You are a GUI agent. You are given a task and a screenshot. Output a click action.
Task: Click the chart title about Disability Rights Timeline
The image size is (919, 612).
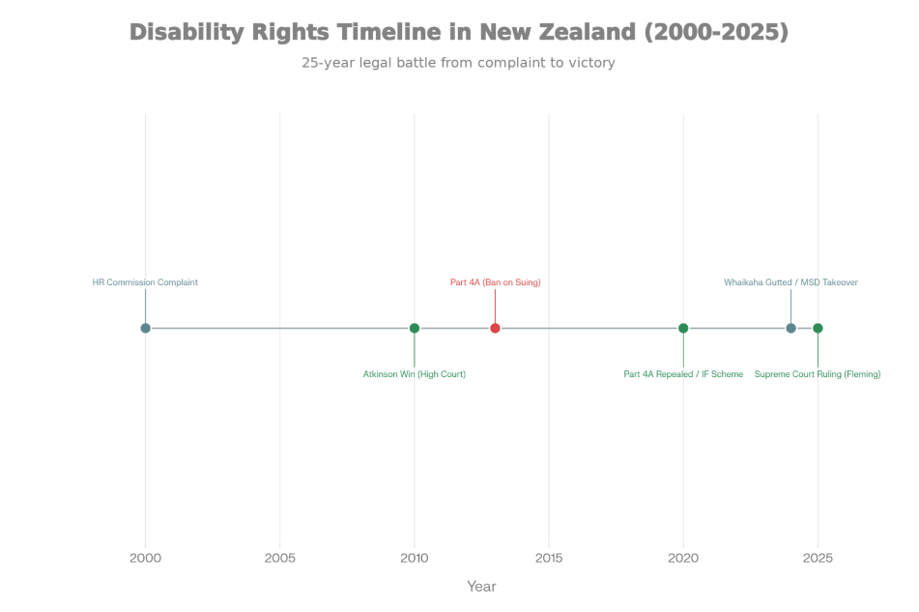pyautogui.click(x=459, y=32)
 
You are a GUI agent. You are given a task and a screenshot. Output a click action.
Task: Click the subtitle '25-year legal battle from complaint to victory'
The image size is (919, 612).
pyautogui.click(x=458, y=63)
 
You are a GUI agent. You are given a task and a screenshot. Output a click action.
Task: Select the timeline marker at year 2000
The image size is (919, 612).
pyautogui.click(x=146, y=328)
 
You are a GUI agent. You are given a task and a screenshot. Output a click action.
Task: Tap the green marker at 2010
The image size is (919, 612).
pyautogui.click(x=415, y=328)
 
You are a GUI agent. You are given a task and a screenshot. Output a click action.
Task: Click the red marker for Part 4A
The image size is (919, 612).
pyautogui.click(x=495, y=328)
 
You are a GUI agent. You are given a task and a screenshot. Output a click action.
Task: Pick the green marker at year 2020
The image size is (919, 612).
pyautogui.click(x=683, y=328)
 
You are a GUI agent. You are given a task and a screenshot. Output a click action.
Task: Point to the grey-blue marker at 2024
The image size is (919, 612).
pyautogui.click(x=790, y=328)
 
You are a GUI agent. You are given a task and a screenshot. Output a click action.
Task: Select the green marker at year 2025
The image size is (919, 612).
pyautogui.click(x=818, y=328)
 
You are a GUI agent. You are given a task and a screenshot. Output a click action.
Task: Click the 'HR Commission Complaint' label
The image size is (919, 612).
pyautogui.click(x=145, y=282)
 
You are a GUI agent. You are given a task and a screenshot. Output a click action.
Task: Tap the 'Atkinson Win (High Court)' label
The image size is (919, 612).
pyautogui.click(x=415, y=374)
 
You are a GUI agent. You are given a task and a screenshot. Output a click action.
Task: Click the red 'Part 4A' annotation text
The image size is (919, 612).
pyautogui.click(x=495, y=282)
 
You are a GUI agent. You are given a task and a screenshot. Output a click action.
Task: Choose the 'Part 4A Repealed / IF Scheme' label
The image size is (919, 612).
pyautogui.click(x=683, y=374)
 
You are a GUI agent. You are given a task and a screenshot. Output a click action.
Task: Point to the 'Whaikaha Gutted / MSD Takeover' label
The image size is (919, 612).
pyautogui.click(x=790, y=282)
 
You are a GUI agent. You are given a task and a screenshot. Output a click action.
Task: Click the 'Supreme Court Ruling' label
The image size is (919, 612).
pyautogui.click(x=818, y=374)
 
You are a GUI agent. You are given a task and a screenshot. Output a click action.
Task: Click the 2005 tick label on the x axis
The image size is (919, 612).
pyautogui.click(x=280, y=558)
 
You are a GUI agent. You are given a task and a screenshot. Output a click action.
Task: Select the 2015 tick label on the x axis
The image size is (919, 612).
pyautogui.click(x=549, y=558)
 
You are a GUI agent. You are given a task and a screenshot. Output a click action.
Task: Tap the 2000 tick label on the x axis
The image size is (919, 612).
pyautogui.click(x=146, y=558)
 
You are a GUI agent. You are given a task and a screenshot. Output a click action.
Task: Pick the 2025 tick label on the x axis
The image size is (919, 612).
pyautogui.click(x=818, y=558)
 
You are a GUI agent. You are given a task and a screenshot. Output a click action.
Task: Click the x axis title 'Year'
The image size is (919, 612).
pyautogui.click(x=481, y=586)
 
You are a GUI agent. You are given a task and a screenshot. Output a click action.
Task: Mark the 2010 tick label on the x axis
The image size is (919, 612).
pyautogui.click(x=415, y=558)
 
